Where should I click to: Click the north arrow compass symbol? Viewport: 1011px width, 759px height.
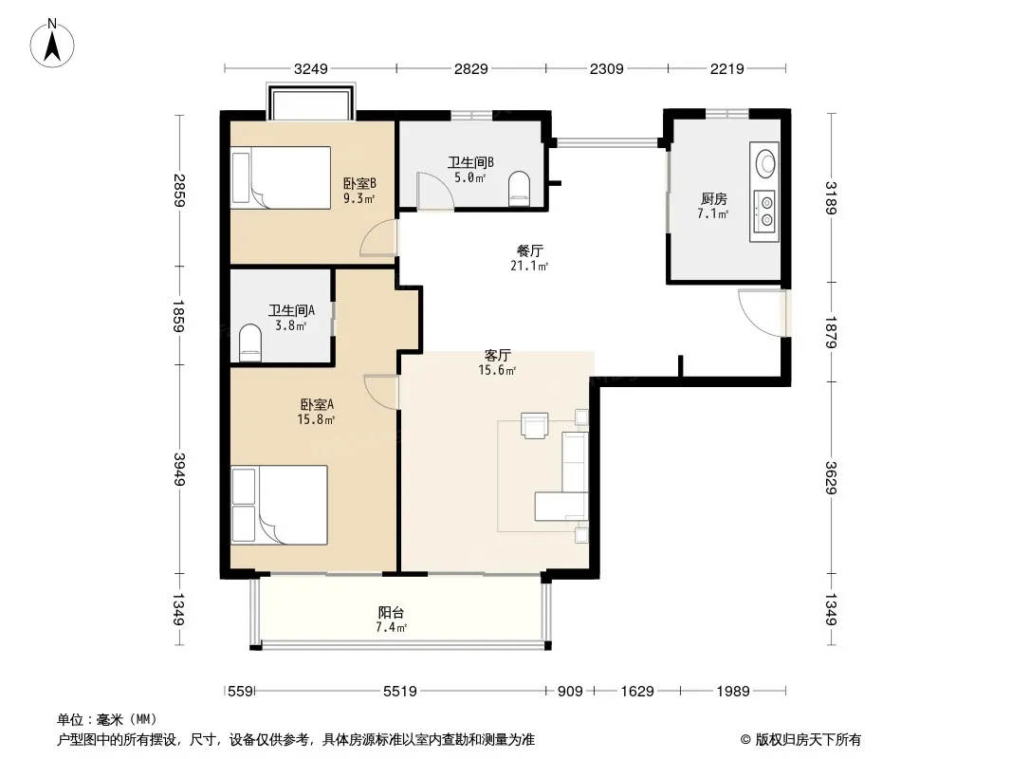[x=52, y=43]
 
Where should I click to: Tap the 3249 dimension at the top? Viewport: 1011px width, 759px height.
[x=311, y=68]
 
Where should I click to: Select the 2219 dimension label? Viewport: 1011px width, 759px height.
[x=727, y=68]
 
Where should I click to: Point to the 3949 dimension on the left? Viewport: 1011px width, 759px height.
[x=179, y=470]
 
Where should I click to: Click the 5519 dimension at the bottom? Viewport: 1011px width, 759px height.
[x=400, y=692]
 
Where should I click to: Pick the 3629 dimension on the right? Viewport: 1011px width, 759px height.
[x=831, y=478]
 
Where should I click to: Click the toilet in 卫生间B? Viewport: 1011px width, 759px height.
[x=519, y=188]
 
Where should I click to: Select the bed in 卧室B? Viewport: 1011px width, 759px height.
[x=281, y=177]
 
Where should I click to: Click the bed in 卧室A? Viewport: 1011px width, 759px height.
[x=279, y=506]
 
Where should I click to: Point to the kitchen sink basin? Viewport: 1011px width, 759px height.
[x=765, y=162]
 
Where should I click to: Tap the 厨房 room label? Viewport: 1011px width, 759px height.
[x=714, y=198]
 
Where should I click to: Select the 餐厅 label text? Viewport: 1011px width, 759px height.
[x=529, y=250]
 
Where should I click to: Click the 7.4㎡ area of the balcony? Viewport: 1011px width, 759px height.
[x=392, y=627]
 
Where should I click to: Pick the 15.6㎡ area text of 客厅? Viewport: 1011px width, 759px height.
[x=497, y=370]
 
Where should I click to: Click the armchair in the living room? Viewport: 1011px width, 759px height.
[x=535, y=425]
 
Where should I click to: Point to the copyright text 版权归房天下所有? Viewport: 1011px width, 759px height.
[x=807, y=740]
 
